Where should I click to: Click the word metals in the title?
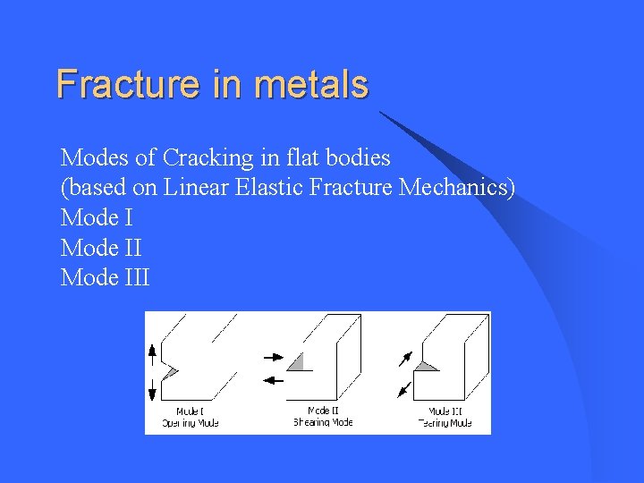(311, 84)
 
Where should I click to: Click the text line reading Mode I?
(97, 217)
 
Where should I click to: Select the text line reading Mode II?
(101, 248)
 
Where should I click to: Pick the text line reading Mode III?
(106, 278)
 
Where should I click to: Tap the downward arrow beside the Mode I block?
(152, 388)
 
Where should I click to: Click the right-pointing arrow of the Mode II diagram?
(273, 357)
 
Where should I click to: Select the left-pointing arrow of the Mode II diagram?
(273, 380)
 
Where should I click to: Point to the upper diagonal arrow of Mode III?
(405, 359)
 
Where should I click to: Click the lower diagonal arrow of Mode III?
(404, 389)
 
